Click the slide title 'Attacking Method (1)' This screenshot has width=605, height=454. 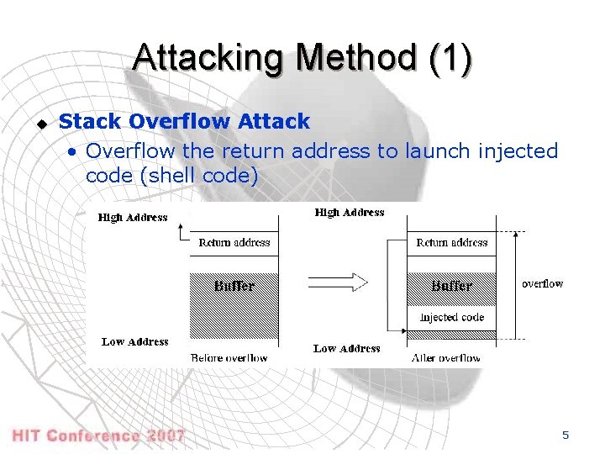(302, 58)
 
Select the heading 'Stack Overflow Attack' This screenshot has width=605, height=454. (184, 122)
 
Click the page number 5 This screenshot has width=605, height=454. (566, 435)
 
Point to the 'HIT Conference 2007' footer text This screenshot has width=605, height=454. (98, 436)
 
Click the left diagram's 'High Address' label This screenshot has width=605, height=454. (133, 218)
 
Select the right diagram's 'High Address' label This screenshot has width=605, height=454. (350, 213)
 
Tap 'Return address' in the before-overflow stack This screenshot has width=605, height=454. (234, 243)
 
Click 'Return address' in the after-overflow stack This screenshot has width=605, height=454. (451, 243)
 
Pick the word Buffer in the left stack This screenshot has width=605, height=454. (234, 286)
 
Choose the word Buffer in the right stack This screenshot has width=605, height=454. (451, 286)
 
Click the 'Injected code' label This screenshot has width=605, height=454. (451, 317)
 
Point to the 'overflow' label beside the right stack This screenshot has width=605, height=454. (542, 284)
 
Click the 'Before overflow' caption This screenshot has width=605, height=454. (229, 358)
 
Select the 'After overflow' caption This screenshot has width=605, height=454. (446, 358)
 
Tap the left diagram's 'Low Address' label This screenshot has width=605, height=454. (134, 342)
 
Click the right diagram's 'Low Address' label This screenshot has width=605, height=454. (346, 348)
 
